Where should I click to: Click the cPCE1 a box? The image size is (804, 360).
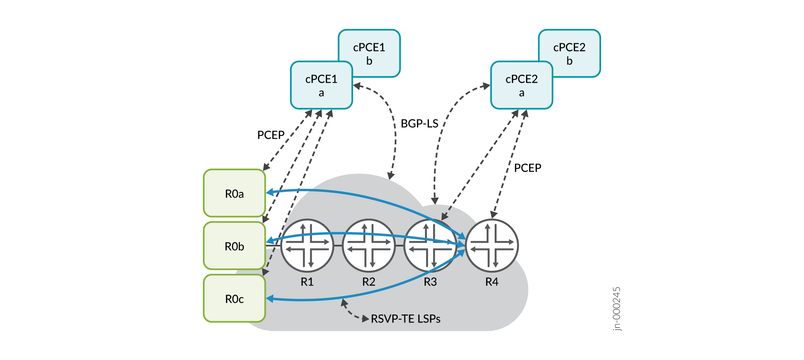point(321,85)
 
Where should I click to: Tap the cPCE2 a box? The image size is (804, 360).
point(521,85)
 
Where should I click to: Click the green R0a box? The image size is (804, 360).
point(234,193)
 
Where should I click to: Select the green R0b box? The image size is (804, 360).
point(234,246)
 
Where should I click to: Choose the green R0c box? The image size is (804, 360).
point(234,298)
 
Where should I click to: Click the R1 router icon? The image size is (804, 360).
point(307,245)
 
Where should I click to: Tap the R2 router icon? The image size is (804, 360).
point(369,245)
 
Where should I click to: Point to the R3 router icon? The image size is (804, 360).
point(430,245)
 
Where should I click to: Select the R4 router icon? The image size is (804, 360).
point(492,245)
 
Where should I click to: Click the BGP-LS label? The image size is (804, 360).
point(419,124)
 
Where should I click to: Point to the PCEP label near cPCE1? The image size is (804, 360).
point(271,135)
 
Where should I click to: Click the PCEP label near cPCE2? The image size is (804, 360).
point(527,168)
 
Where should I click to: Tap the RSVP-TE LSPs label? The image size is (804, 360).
point(405,319)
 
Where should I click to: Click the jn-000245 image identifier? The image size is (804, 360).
point(616,309)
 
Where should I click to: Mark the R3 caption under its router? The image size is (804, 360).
point(430,282)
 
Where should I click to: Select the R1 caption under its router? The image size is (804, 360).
point(307,282)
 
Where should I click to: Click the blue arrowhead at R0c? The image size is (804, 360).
point(270,298)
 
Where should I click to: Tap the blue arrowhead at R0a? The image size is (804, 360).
point(270,192)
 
